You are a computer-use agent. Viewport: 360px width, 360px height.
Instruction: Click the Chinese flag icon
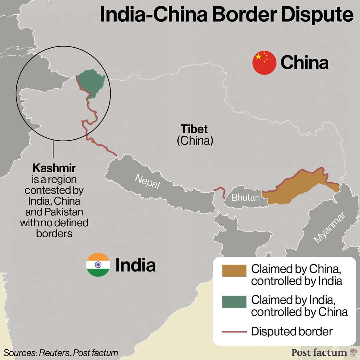click(x=264, y=63)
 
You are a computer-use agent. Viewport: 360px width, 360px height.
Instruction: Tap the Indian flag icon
click(x=98, y=265)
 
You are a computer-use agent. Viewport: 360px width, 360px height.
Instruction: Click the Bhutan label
click(x=245, y=198)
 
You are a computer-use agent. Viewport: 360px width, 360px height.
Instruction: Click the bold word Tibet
click(x=194, y=129)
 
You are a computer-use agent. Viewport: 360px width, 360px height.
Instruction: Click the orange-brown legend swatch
click(x=234, y=271)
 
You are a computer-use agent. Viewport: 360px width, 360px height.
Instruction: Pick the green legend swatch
click(x=234, y=301)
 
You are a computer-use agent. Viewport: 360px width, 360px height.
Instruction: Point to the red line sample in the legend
click(x=234, y=332)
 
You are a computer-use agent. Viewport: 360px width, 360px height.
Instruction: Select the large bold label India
click(x=135, y=265)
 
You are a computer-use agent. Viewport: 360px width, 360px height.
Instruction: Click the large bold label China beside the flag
click(x=304, y=63)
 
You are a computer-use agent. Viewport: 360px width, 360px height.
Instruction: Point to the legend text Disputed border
click(x=292, y=332)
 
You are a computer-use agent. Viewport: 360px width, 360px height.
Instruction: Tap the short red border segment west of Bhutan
click(x=219, y=192)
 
